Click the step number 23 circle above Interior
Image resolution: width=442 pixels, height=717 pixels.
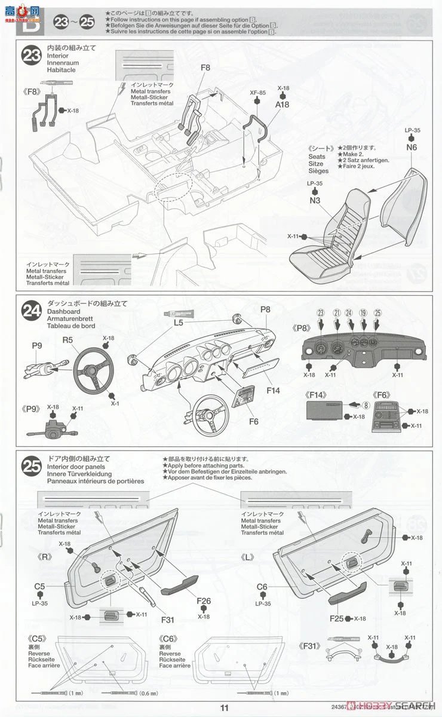click(30, 56)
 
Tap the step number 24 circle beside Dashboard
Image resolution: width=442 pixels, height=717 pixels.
click(30, 311)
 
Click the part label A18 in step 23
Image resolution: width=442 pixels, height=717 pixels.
click(282, 105)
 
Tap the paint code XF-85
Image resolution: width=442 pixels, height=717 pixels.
click(257, 93)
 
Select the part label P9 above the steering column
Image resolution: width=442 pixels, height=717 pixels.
click(36, 345)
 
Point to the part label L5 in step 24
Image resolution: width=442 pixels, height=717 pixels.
click(178, 323)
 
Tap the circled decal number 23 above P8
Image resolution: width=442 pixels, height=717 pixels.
click(321, 313)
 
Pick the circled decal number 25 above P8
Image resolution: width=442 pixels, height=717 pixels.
click(377, 313)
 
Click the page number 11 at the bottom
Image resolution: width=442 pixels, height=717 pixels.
click(224, 708)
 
